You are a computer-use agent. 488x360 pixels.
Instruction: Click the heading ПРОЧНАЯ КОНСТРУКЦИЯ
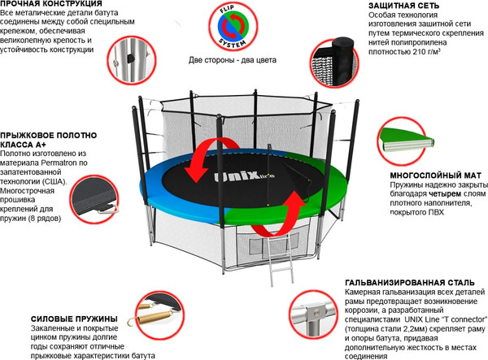[x=51, y=4]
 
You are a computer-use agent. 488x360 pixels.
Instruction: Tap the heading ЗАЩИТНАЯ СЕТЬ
[x=403, y=6]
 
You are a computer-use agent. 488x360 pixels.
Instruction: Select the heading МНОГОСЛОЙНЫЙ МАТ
[x=435, y=176]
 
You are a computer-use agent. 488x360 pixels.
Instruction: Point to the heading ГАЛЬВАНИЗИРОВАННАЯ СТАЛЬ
[x=410, y=283]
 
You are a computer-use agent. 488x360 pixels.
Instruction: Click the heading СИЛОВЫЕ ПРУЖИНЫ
[x=74, y=319]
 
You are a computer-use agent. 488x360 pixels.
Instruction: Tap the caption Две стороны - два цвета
[x=232, y=60]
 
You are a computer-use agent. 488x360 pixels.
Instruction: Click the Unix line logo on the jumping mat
[x=244, y=176]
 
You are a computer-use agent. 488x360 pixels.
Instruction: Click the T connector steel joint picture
[x=313, y=314]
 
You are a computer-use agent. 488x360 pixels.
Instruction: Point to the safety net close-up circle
[x=334, y=63]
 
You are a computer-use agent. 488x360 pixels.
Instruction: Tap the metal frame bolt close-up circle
[x=131, y=60]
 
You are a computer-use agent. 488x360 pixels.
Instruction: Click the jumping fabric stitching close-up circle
[x=94, y=199]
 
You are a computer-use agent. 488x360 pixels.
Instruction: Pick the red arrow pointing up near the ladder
[x=280, y=215]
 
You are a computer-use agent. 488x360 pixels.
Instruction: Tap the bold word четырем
[x=445, y=194]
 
